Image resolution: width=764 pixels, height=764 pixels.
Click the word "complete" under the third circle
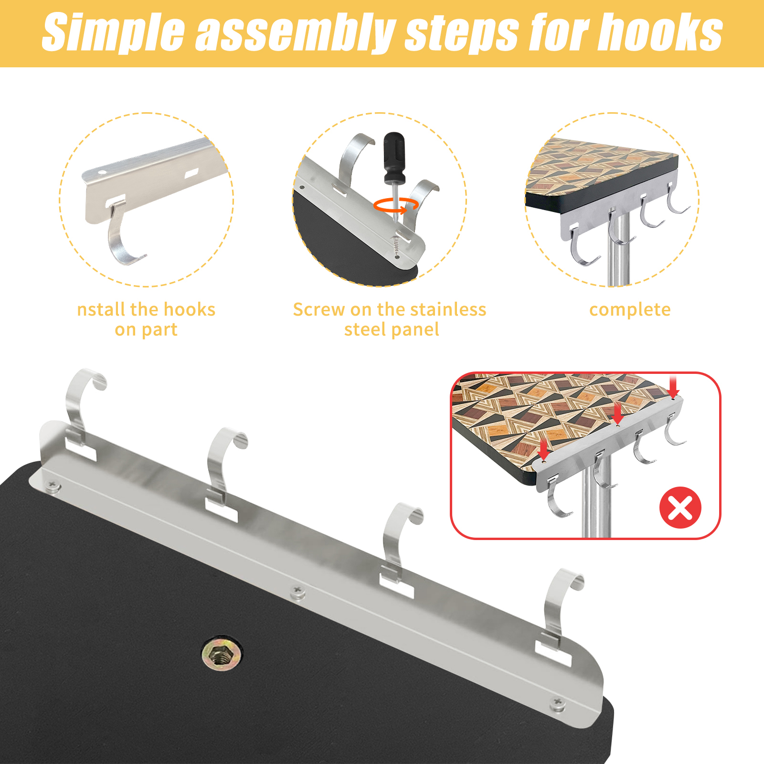tap(630, 310)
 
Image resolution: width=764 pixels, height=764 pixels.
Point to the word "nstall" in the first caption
tap(101, 309)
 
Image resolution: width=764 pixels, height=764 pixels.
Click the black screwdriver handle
tap(394, 158)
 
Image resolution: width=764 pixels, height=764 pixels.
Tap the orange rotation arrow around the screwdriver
tap(396, 205)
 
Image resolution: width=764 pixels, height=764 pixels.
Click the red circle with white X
tap(680, 507)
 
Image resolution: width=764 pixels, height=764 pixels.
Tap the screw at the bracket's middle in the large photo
tap(298, 593)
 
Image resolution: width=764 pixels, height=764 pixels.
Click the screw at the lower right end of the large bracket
tap(558, 703)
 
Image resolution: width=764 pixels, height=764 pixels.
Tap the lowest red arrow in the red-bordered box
tap(543, 449)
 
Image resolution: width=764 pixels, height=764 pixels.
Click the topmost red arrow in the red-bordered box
tap(673, 387)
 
